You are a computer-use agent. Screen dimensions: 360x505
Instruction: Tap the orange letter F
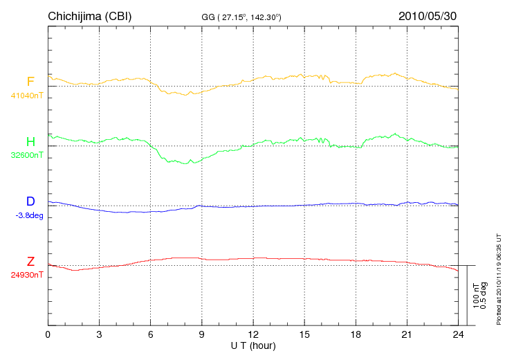pos(30,82)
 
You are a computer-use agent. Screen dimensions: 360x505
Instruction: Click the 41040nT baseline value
pos(27,96)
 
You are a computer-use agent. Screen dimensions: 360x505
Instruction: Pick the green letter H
pos(30,142)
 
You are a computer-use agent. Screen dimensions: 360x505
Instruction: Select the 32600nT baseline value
pos(27,155)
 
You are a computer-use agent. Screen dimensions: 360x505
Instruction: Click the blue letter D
pos(30,201)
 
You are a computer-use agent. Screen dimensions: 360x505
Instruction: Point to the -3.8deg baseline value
pos(28,215)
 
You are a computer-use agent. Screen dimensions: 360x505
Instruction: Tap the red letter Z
pos(30,262)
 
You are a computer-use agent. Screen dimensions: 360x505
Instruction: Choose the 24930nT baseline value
pos(27,275)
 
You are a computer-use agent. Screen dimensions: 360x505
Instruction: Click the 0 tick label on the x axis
pos(48,334)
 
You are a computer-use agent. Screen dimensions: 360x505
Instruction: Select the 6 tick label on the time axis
pos(151,334)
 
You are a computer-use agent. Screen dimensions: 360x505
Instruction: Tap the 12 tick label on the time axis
pos(253,334)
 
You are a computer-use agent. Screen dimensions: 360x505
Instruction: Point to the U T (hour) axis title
pos(253,345)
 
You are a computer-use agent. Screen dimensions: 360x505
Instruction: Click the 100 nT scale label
pos(476,296)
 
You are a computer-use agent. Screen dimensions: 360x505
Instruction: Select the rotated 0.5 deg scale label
pos(484,296)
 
